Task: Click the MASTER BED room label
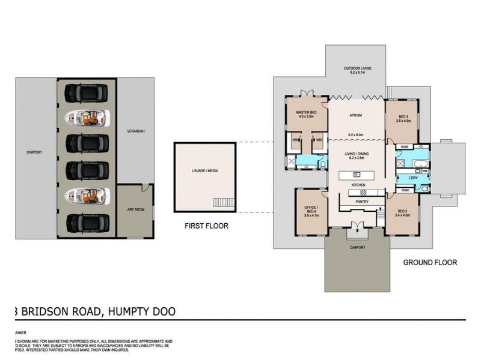tap(306, 112)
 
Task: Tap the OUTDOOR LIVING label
tap(357, 68)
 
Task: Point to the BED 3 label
tap(403, 116)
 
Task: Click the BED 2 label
tap(403, 211)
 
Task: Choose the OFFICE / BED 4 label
tap(311, 209)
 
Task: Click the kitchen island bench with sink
tap(356, 175)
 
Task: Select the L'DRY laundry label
tap(413, 178)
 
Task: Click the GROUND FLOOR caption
tap(430, 262)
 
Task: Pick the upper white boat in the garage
tap(87, 118)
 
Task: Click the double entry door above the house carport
tap(357, 226)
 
